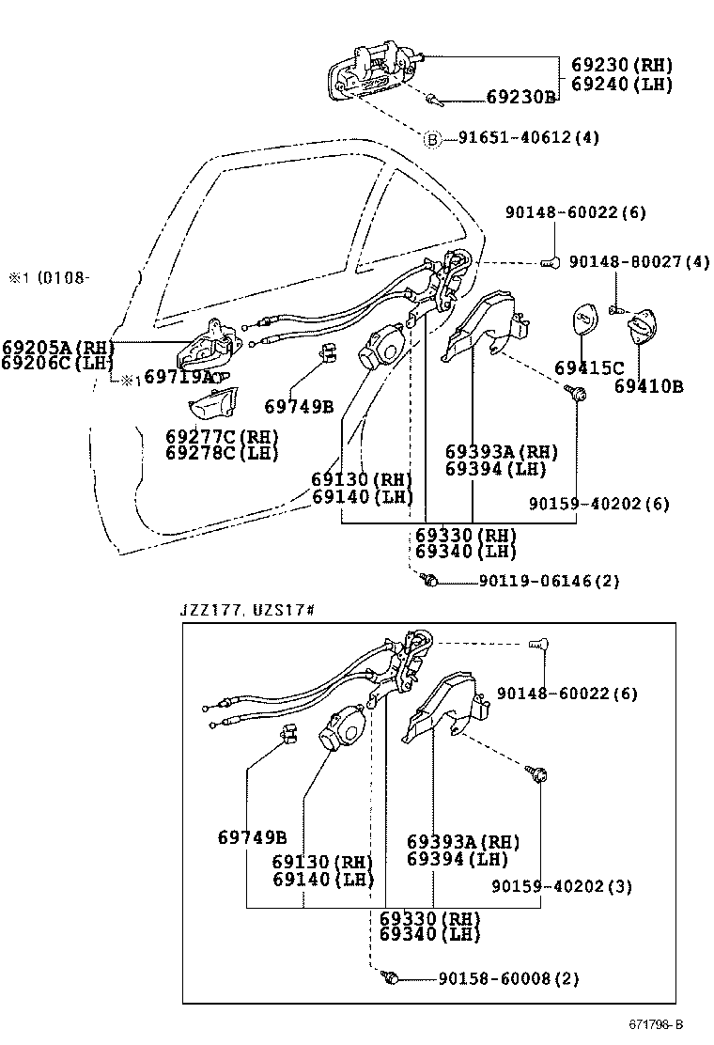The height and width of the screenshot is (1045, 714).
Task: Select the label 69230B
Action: [520, 97]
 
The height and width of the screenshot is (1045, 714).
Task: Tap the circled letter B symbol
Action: [433, 139]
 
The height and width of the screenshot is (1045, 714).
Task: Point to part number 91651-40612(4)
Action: [528, 138]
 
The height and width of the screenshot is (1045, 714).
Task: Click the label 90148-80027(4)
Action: [639, 261]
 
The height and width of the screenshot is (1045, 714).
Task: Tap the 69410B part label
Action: [648, 385]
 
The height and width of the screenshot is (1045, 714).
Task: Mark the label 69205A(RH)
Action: [57, 347]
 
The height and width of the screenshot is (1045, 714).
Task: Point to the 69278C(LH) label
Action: [223, 453]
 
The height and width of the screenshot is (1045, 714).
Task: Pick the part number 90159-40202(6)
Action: [598, 504]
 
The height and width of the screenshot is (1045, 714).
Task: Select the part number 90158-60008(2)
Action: [508, 978]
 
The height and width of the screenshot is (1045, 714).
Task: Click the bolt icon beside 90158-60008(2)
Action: [393, 978]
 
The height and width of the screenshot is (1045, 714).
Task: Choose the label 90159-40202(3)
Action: [562, 885]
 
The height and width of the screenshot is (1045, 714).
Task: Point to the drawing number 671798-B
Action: [656, 1023]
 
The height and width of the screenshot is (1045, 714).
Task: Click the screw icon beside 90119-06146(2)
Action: [429, 582]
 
